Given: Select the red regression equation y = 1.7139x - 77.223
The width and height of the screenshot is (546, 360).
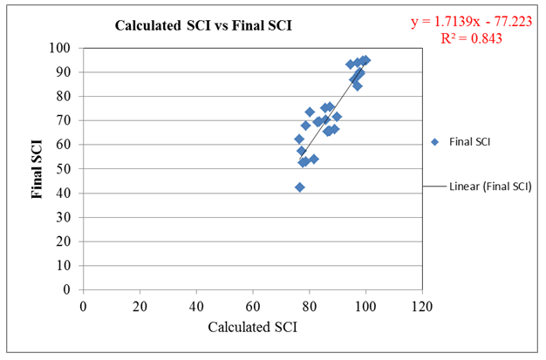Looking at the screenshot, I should coord(471,23).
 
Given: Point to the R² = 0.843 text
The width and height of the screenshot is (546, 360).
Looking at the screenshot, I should coord(471,38).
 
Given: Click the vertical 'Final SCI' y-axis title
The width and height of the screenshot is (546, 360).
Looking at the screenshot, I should coord(38,168).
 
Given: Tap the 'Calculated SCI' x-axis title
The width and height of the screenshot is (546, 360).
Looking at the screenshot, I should coord(252,327).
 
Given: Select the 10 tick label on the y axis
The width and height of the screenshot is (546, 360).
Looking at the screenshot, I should coord(65,265).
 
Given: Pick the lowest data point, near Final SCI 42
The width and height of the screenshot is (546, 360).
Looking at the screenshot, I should coord(299,187).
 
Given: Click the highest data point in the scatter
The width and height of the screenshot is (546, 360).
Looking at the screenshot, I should coord(365,60).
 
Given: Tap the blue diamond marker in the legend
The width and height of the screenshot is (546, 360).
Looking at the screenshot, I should coord(433,142).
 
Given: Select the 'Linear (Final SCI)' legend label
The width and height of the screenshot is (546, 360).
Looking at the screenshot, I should coord(490,186).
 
